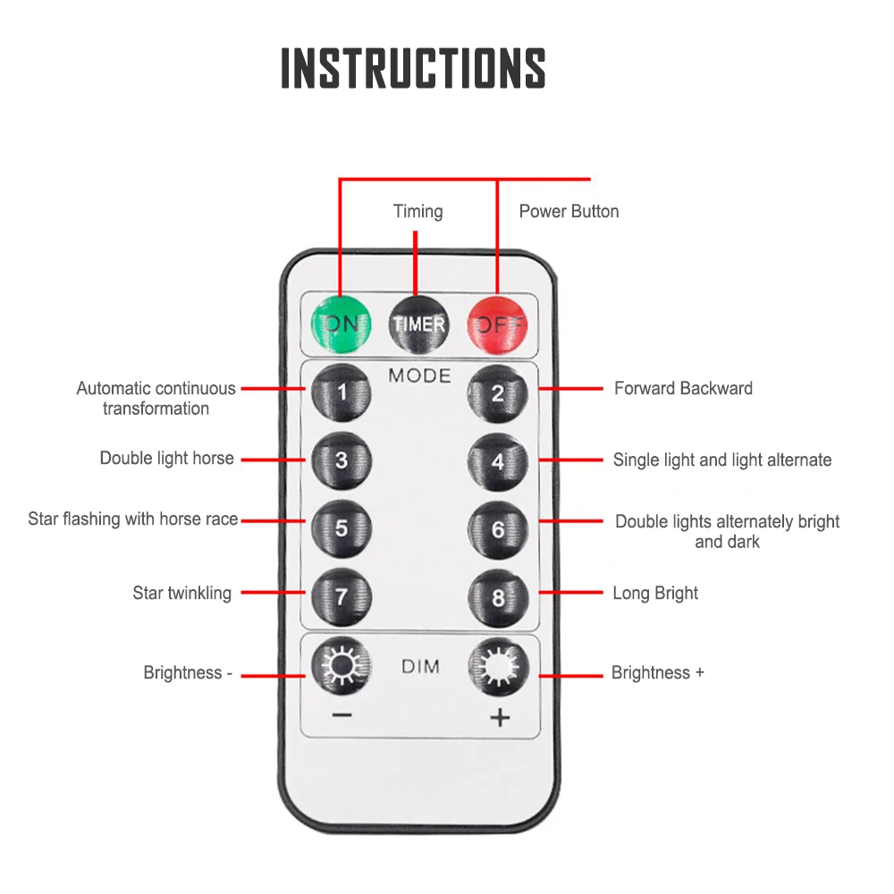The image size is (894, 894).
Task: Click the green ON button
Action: coord(340,323)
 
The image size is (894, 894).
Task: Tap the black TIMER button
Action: coord(417,323)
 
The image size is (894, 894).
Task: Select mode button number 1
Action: coord(341,392)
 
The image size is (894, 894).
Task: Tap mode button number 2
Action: coord(498,392)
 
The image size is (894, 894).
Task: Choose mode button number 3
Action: coord(341,460)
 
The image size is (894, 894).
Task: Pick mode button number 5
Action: coord(341,527)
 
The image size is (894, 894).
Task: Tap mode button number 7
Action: coord(341,595)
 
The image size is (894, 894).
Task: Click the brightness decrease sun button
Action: coord(341,666)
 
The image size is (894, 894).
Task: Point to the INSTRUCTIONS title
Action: coord(413,67)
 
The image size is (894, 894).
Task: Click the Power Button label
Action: coord(569,212)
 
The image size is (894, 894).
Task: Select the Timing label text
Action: coord(417,212)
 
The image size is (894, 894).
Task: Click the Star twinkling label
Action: coord(181,593)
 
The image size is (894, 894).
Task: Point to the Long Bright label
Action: coord(655,593)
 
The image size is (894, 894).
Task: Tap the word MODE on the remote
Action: coord(419,375)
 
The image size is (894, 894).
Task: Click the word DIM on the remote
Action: coord(419,667)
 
